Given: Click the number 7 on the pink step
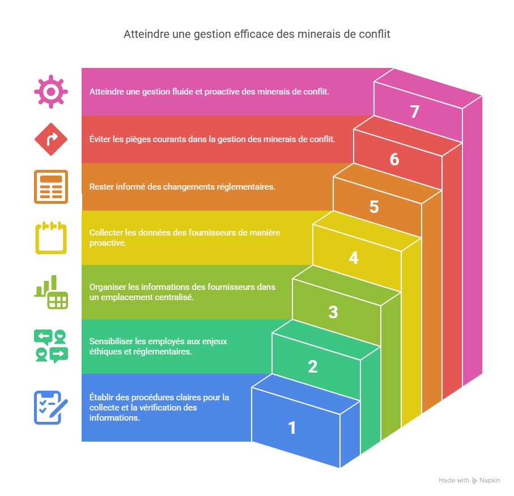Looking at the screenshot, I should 414,112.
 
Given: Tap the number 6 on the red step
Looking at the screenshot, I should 394,160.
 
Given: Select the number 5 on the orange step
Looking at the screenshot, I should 374,207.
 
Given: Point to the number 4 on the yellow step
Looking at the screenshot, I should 354,258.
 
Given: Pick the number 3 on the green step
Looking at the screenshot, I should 333,312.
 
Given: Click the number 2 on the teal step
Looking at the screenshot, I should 313,367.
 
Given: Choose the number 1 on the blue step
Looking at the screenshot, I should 292,428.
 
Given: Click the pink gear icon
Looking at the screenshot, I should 51,91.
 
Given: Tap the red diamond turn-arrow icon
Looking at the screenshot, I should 51,139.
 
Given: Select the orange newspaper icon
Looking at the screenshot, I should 51,186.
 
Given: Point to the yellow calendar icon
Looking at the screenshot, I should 51,237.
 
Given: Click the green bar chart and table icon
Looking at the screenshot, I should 51,292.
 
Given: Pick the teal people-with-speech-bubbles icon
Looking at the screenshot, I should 51,346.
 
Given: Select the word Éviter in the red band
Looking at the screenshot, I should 101,139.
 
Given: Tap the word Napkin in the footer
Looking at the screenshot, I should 490,481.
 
